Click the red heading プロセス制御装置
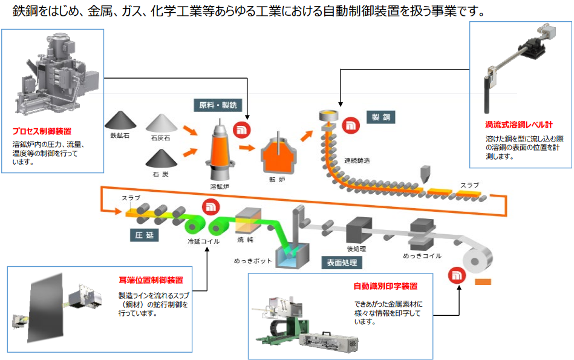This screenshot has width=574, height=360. (x=41, y=130)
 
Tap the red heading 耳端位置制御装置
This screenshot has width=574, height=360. (x=151, y=280)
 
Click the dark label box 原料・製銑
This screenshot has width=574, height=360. (x=217, y=105)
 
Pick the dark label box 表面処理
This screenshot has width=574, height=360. (x=342, y=263)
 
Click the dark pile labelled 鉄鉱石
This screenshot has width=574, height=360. (x=121, y=120)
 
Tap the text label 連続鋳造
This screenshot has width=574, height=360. (x=357, y=160)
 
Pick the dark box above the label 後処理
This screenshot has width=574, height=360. (x=358, y=228)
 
